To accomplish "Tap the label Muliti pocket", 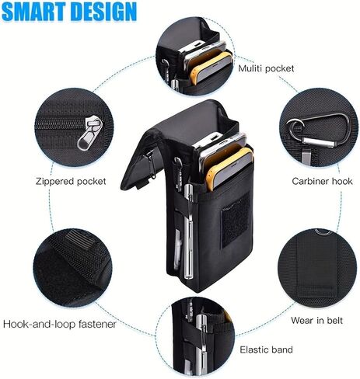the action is coord(266,68).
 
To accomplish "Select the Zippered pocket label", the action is coord(71,181).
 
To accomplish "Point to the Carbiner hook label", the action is coord(322,181).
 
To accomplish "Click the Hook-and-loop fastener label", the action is coord(60,324).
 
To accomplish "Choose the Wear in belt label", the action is coord(316,321).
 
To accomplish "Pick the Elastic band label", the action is coord(266,349).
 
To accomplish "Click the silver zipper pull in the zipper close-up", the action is coord(90,133).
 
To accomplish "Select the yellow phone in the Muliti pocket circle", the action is coord(211,67).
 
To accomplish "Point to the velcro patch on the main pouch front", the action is coord(236,221).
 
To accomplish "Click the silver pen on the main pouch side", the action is coord(188,231).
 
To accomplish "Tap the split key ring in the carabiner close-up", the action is coord(295,129).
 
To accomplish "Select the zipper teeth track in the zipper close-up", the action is coord(61,124).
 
